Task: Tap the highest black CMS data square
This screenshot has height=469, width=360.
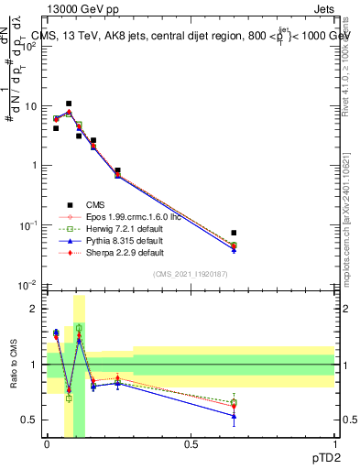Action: (69, 104)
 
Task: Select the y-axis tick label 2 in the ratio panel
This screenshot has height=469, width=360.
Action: (34, 309)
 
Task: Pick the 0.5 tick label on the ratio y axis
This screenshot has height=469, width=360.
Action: (29, 420)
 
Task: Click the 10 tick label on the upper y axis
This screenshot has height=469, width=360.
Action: (29, 106)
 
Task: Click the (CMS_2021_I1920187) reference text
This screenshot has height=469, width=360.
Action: (191, 275)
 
